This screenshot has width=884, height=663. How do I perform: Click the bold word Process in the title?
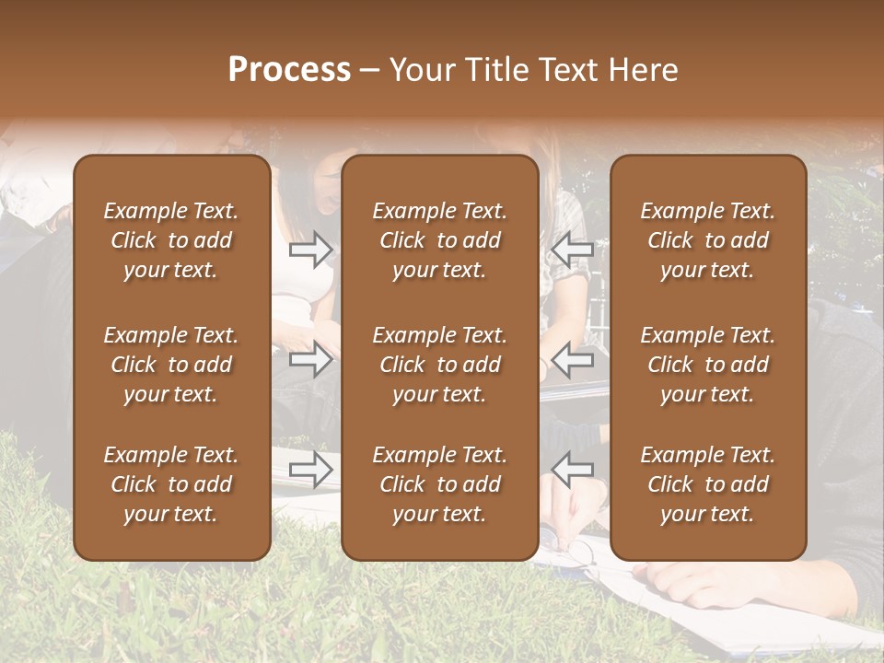click(x=289, y=70)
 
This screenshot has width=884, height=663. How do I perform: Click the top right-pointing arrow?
click(x=311, y=249)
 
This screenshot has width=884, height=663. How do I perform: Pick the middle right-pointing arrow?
click(x=311, y=359)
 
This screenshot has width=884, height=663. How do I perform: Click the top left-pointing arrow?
click(x=573, y=249)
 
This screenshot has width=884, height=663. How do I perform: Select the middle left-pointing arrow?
click(x=573, y=359)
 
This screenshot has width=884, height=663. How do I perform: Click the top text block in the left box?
click(x=171, y=240)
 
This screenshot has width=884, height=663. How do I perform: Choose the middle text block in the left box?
click(x=171, y=365)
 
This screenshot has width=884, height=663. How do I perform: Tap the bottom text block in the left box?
click(x=171, y=484)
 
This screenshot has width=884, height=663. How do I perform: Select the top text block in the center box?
click(x=440, y=240)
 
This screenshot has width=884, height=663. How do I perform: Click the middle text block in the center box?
click(x=440, y=365)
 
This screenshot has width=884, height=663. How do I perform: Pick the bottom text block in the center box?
click(x=440, y=484)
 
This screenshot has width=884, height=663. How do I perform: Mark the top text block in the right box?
click(x=708, y=240)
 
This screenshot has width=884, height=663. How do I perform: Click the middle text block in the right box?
click(x=708, y=365)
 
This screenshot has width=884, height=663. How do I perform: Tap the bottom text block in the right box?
click(x=708, y=484)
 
